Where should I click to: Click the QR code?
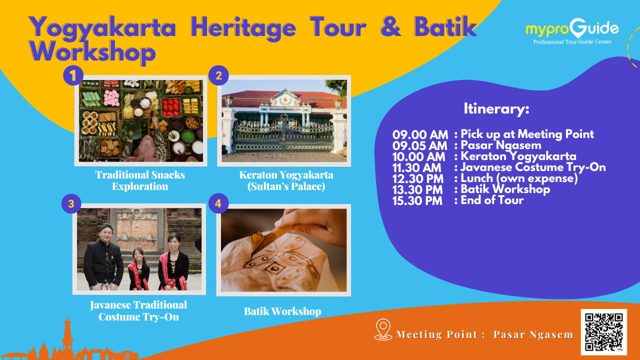(603, 332)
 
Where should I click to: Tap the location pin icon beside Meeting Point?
(383, 329)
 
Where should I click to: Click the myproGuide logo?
(572, 31)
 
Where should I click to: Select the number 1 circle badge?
(73, 75)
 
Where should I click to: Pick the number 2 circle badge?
(218, 75)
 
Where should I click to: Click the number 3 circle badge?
(71, 203)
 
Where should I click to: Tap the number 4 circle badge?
(218, 203)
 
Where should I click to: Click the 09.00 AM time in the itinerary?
(420, 134)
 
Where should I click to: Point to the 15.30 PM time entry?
(417, 200)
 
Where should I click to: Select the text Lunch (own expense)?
(519, 178)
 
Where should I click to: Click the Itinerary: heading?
(496, 109)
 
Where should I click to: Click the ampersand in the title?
(391, 26)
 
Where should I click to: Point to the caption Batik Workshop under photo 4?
(282, 311)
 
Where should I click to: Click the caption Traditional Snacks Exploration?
(140, 180)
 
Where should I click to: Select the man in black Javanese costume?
(103, 257)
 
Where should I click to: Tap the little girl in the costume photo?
(138, 269)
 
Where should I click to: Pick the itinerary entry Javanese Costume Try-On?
(533, 167)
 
